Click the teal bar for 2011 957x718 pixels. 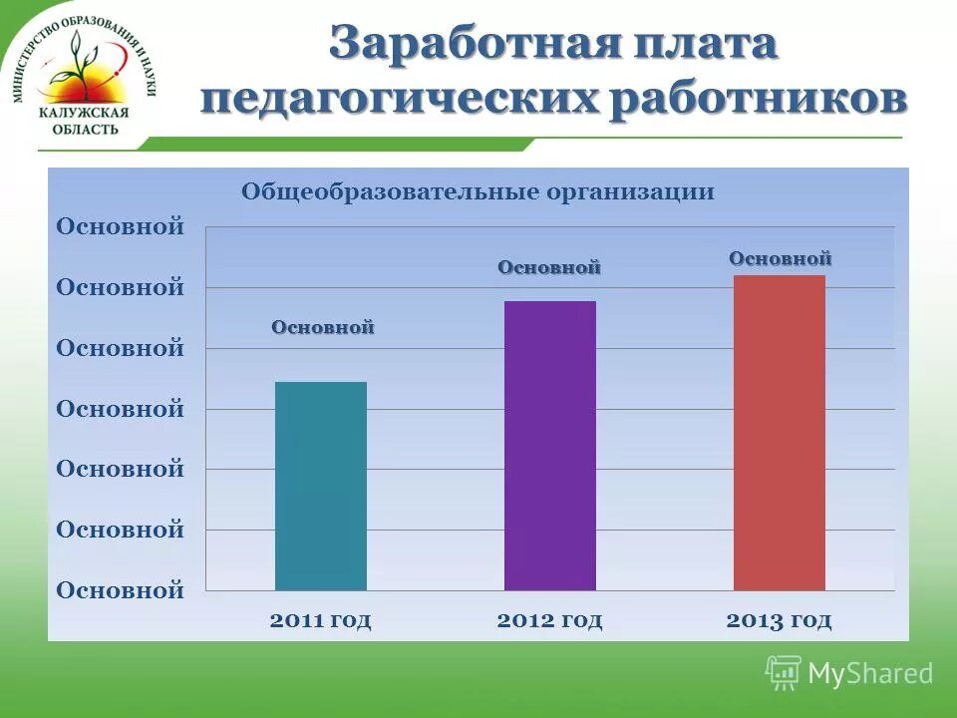pos(320,486)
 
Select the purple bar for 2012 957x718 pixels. pos(549,445)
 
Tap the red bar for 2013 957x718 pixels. pos(779,432)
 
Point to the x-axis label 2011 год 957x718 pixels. pos(320,620)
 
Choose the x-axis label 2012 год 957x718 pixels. pos(549,620)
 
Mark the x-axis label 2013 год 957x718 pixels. pos(779,620)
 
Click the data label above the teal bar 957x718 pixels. pos(323,327)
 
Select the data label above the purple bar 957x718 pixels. pos(549,267)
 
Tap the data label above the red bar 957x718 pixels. pos(780,258)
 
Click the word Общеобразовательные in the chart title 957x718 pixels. pos(390,191)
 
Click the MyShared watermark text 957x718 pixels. pos(869,673)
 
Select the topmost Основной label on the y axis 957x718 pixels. pos(120,226)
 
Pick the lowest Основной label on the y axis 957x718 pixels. pos(120,590)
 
